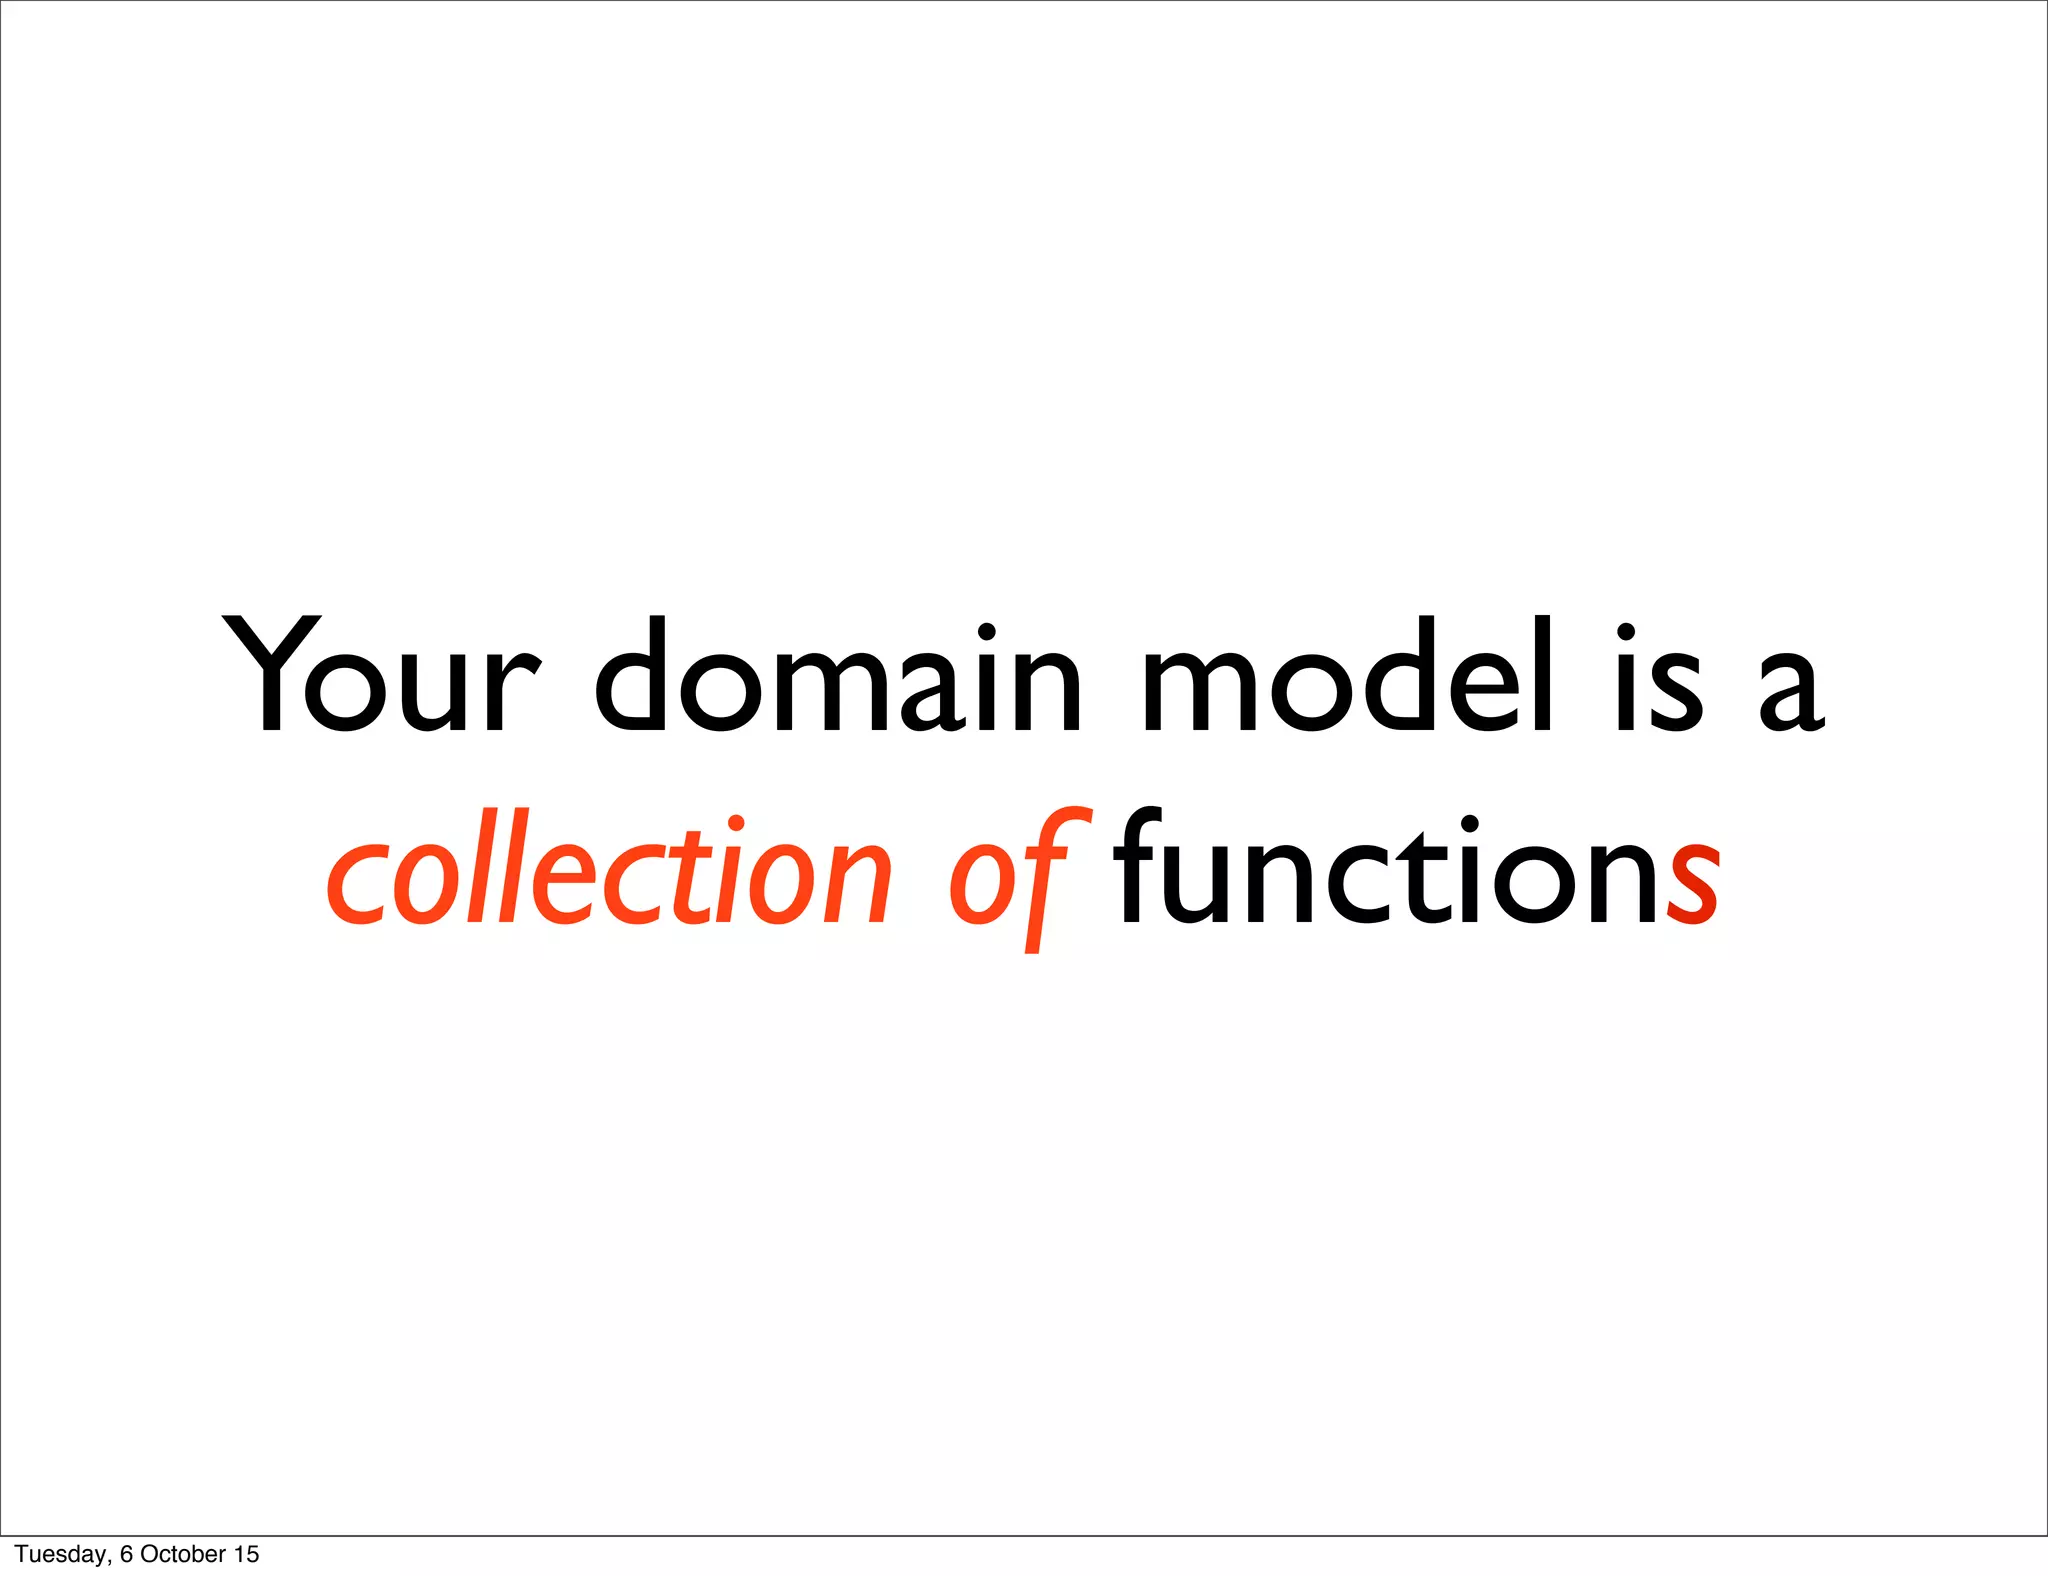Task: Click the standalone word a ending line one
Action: click(1792, 690)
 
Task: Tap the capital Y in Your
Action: click(270, 672)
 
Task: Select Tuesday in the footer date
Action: click(60, 1554)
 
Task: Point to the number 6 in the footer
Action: click(126, 1554)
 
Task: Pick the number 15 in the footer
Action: click(246, 1554)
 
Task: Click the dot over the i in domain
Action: click(986, 632)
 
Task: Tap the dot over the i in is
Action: click(1626, 632)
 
